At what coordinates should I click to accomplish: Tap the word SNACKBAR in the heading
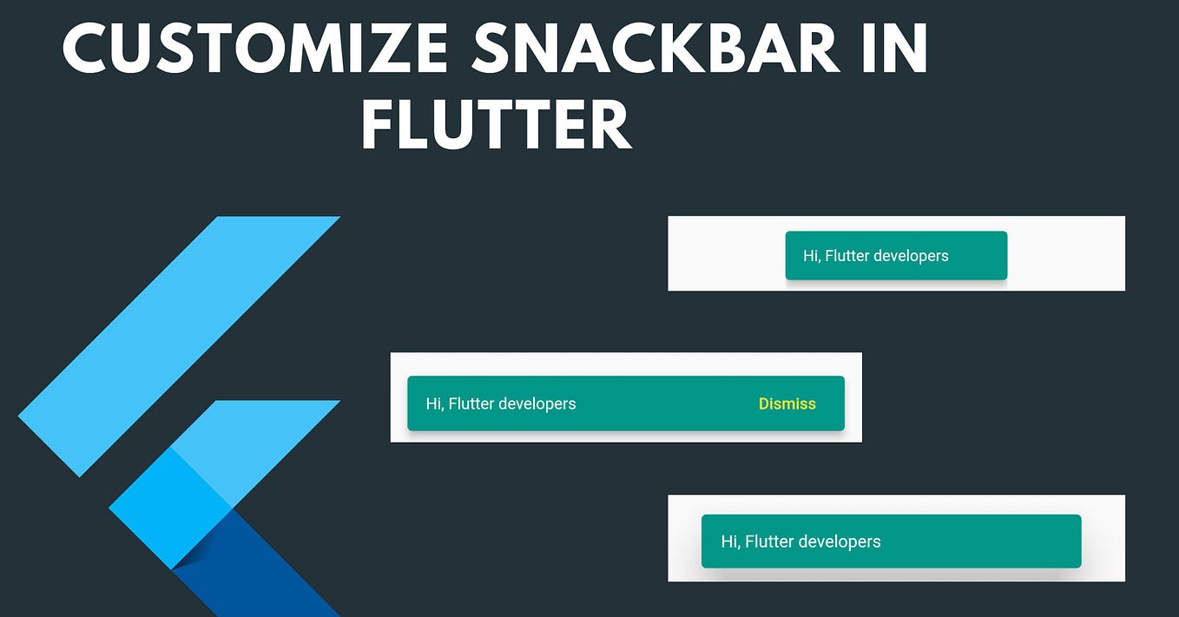click(655, 48)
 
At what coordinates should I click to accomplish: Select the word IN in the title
click(894, 48)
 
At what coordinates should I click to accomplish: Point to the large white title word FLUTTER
click(496, 125)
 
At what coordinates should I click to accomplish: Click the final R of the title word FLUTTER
click(611, 125)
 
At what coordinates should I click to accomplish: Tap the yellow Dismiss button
click(787, 404)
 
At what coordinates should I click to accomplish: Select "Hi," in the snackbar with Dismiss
click(435, 404)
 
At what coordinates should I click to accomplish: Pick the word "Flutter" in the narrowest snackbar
click(849, 256)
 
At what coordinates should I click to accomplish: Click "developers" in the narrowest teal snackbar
click(912, 256)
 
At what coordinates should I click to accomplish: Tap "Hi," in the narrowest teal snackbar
click(812, 256)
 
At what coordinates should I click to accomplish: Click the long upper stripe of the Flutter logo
click(179, 346)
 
